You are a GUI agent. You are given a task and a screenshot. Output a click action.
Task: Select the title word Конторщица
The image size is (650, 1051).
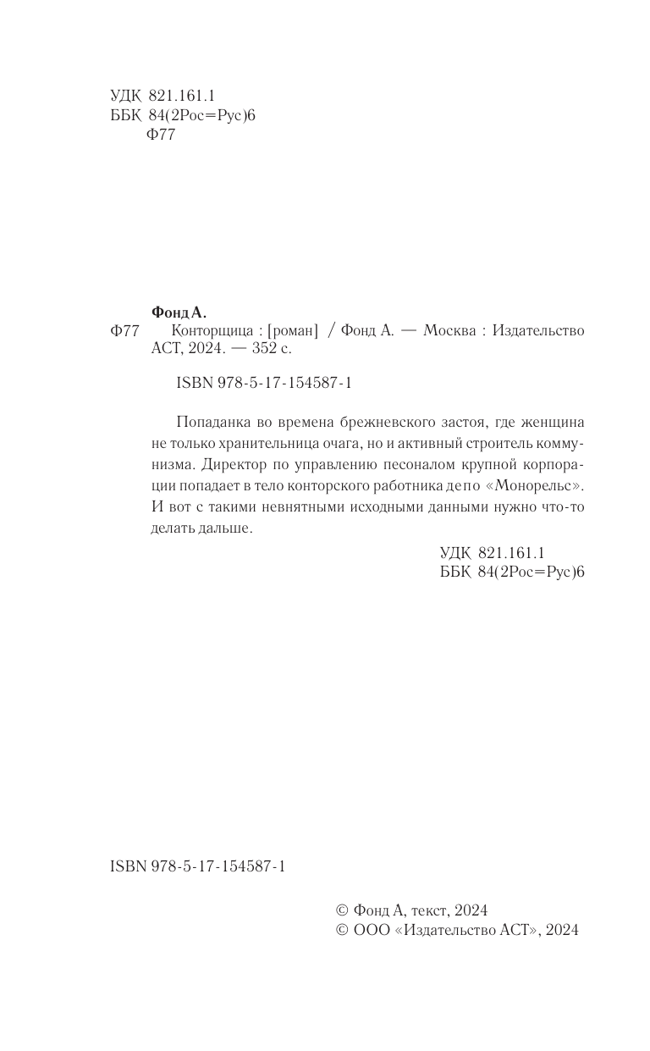pyautogui.click(x=212, y=330)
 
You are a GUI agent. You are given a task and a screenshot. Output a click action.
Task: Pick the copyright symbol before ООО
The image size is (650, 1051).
pyautogui.click(x=342, y=930)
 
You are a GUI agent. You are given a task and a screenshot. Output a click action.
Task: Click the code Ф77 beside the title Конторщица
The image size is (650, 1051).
pyautogui.click(x=124, y=331)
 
